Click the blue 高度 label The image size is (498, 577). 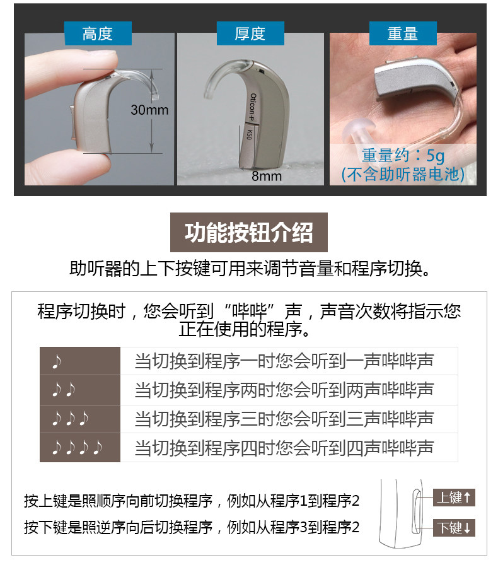click(x=98, y=33)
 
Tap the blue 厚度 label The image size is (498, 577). click(x=250, y=33)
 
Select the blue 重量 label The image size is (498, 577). click(x=403, y=33)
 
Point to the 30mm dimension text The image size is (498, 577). click(x=149, y=110)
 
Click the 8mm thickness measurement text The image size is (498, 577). click(x=267, y=176)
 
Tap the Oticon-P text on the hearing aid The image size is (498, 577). click(x=253, y=107)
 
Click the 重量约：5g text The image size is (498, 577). click(x=403, y=155)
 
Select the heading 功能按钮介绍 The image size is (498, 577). click(x=248, y=233)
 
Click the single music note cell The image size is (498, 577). click(x=80, y=361)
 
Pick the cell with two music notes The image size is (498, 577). click(x=80, y=390)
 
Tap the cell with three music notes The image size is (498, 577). click(x=80, y=419)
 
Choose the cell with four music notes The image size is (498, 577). click(x=80, y=448)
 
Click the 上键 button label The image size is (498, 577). click(x=454, y=498)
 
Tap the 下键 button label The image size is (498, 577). click(x=454, y=528)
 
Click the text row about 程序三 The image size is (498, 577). click(x=284, y=419)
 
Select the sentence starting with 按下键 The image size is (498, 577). click(x=192, y=527)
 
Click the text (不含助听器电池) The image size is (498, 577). click(x=403, y=174)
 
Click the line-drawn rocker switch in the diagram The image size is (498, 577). click(x=416, y=511)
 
